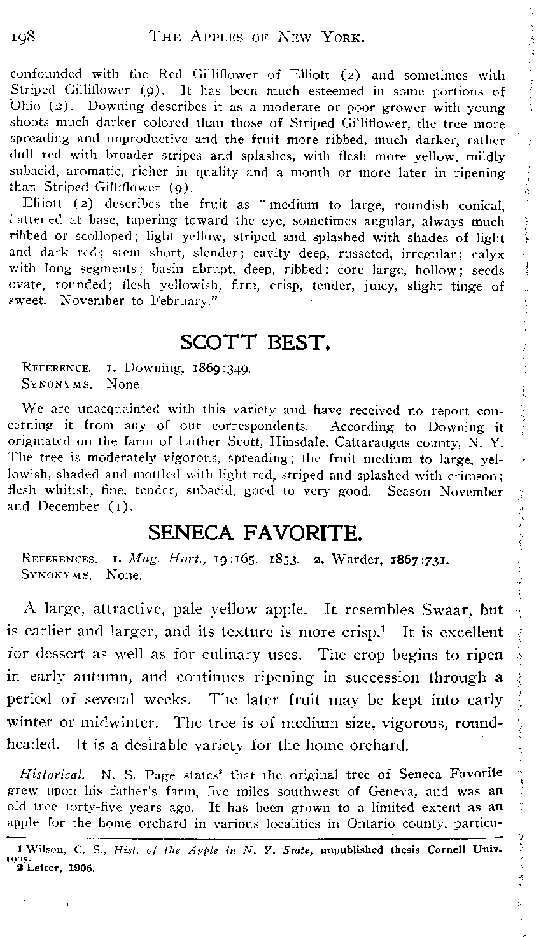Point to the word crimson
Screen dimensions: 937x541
(x=477, y=475)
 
